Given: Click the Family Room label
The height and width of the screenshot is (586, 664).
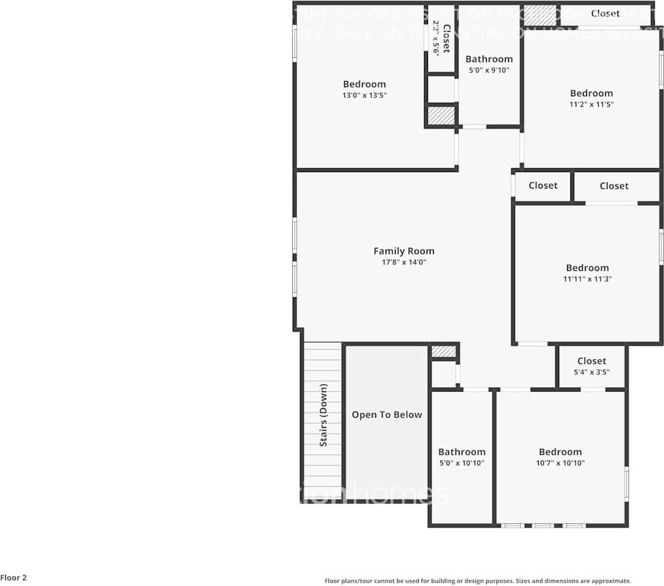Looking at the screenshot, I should (404, 251).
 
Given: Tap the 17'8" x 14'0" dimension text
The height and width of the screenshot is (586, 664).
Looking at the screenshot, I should (404, 262).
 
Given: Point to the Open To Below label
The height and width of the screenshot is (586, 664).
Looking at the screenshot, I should (386, 415).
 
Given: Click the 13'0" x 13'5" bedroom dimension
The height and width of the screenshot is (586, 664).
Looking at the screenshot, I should (364, 96).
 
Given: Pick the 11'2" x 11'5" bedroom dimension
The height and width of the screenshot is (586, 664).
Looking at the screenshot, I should (591, 104).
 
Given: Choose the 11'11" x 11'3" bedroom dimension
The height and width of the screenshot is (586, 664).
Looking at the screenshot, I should (587, 279).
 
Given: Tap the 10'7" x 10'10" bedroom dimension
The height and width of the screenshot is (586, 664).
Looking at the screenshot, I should (560, 463).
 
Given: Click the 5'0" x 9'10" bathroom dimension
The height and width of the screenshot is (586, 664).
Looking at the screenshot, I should (489, 70).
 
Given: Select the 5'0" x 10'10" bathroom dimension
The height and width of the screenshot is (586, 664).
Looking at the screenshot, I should (462, 463).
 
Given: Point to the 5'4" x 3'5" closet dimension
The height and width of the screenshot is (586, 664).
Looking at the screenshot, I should (591, 372).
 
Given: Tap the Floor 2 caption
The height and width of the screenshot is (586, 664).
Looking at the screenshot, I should (14, 578).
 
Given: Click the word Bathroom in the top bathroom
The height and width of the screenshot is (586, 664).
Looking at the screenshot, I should (489, 59).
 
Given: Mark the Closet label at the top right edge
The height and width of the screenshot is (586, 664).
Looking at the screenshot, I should (605, 14).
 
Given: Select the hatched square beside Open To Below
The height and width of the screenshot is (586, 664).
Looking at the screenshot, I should (443, 351).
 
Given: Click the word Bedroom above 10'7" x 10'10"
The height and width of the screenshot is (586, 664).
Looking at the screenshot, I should (560, 452).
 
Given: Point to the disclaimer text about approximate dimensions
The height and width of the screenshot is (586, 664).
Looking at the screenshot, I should (478, 581).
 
